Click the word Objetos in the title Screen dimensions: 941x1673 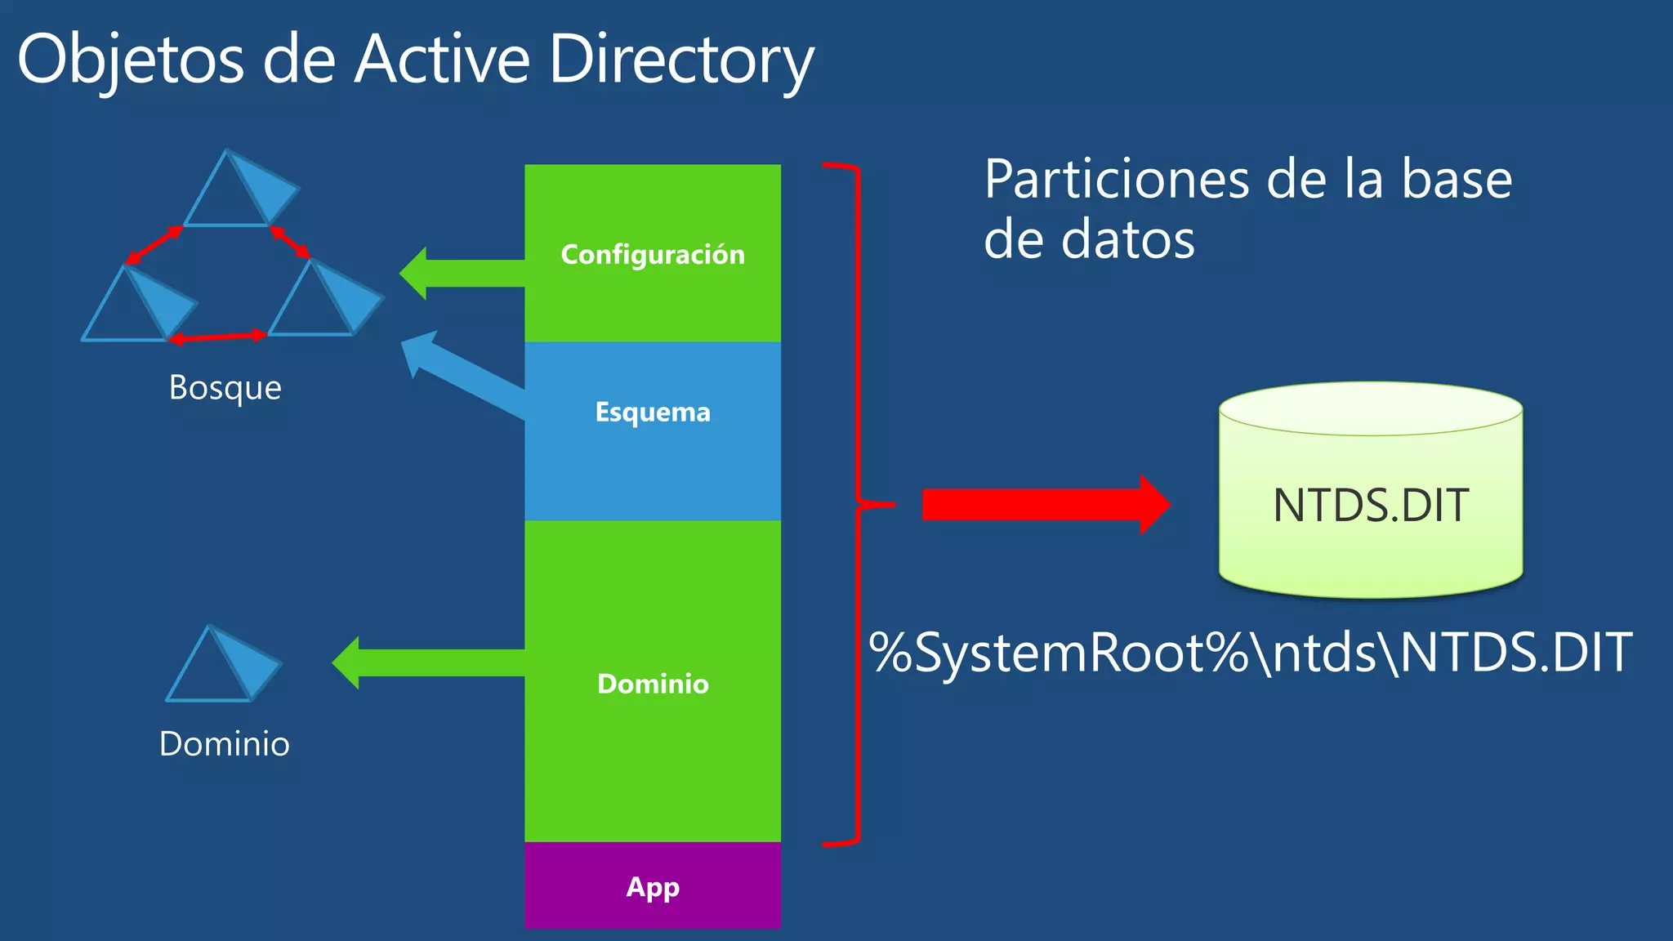(131, 60)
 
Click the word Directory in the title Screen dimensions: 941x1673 (681, 60)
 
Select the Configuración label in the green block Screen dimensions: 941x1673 (653, 255)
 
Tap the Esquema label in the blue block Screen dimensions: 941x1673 (653, 412)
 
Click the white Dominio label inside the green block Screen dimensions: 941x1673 (653, 684)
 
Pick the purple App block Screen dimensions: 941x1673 (653, 886)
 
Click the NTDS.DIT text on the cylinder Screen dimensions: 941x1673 (1371, 506)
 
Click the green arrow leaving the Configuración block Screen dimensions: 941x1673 (462, 273)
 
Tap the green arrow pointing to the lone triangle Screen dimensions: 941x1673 (428, 662)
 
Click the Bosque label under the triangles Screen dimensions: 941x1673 (225, 387)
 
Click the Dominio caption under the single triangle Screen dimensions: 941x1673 (225, 744)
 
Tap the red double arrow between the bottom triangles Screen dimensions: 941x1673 (218, 337)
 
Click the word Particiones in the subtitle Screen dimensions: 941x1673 (1116, 180)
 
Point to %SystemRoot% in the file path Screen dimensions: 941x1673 (1059, 653)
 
